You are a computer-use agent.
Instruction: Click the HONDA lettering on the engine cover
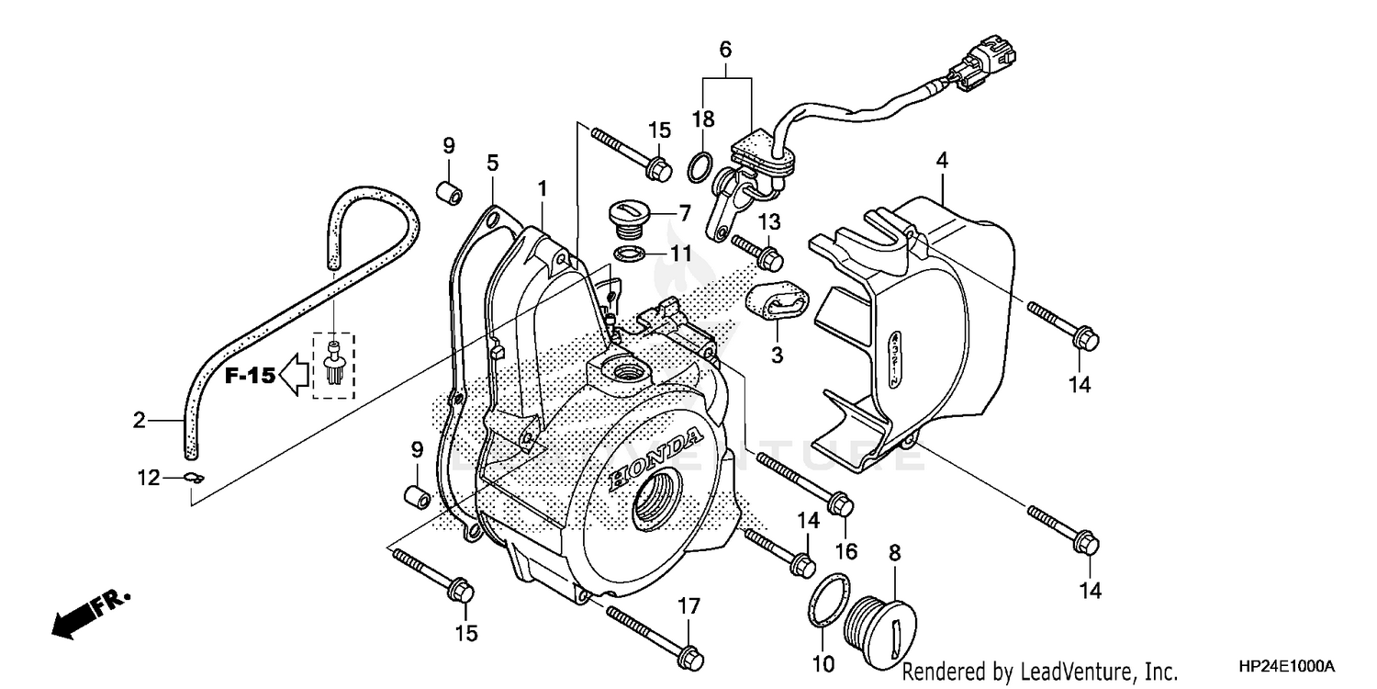[658, 457]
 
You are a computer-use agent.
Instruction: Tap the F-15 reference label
[250, 375]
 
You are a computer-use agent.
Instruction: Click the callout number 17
[688, 606]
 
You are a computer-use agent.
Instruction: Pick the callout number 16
[845, 551]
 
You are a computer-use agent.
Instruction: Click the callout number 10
[823, 663]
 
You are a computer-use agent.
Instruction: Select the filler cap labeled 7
[627, 219]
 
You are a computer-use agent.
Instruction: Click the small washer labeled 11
[627, 254]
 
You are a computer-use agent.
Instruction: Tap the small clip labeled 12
[193, 477]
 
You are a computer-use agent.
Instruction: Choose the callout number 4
[942, 161]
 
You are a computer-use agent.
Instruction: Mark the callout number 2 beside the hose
[139, 421]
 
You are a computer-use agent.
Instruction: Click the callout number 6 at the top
[725, 50]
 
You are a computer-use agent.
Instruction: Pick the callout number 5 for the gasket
[493, 164]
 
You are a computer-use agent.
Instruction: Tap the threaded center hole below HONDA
[656, 503]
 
